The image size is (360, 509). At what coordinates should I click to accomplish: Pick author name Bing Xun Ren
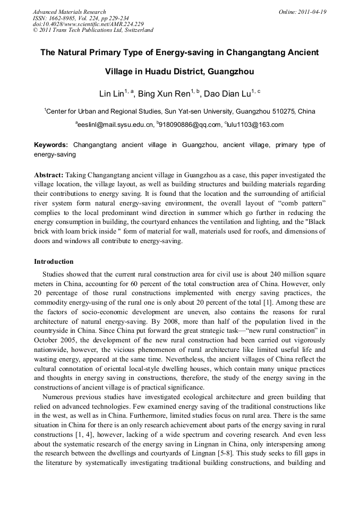[159, 94]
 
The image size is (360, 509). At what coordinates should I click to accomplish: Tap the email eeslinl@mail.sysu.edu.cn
[115, 125]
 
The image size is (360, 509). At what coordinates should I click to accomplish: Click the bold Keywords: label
[51, 145]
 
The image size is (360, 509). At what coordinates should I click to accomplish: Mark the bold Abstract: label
[49, 175]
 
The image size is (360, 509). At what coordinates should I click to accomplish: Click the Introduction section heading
[54, 262]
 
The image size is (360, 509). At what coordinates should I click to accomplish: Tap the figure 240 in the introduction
[265, 275]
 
